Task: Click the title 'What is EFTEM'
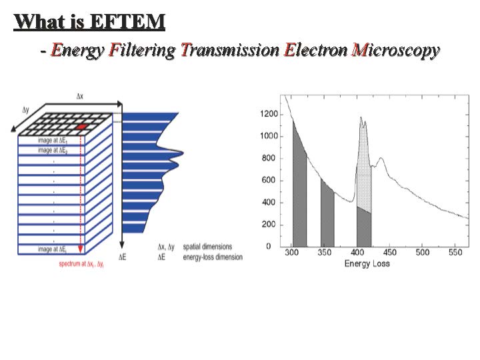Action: pyautogui.click(x=89, y=21)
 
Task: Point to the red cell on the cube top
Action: pyautogui.click(x=81, y=126)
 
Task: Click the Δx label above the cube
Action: pyautogui.click(x=80, y=97)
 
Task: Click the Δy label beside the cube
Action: pyautogui.click(x=25, y=110)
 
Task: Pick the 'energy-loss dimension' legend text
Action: pyautogui.click(x=211, y=257)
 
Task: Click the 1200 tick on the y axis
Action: pyautogui.click(x=269, y=114)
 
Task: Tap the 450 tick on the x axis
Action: pyautogui.click(x=391, y=253)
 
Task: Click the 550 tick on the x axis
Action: pyautogui.click(x=455, y=253)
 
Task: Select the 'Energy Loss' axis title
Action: pyautogui.click(x=367, y=263)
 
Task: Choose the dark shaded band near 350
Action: pyautogui.click(x=327, y=217)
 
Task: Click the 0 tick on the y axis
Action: pyautogui.click(x=269, y=247)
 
